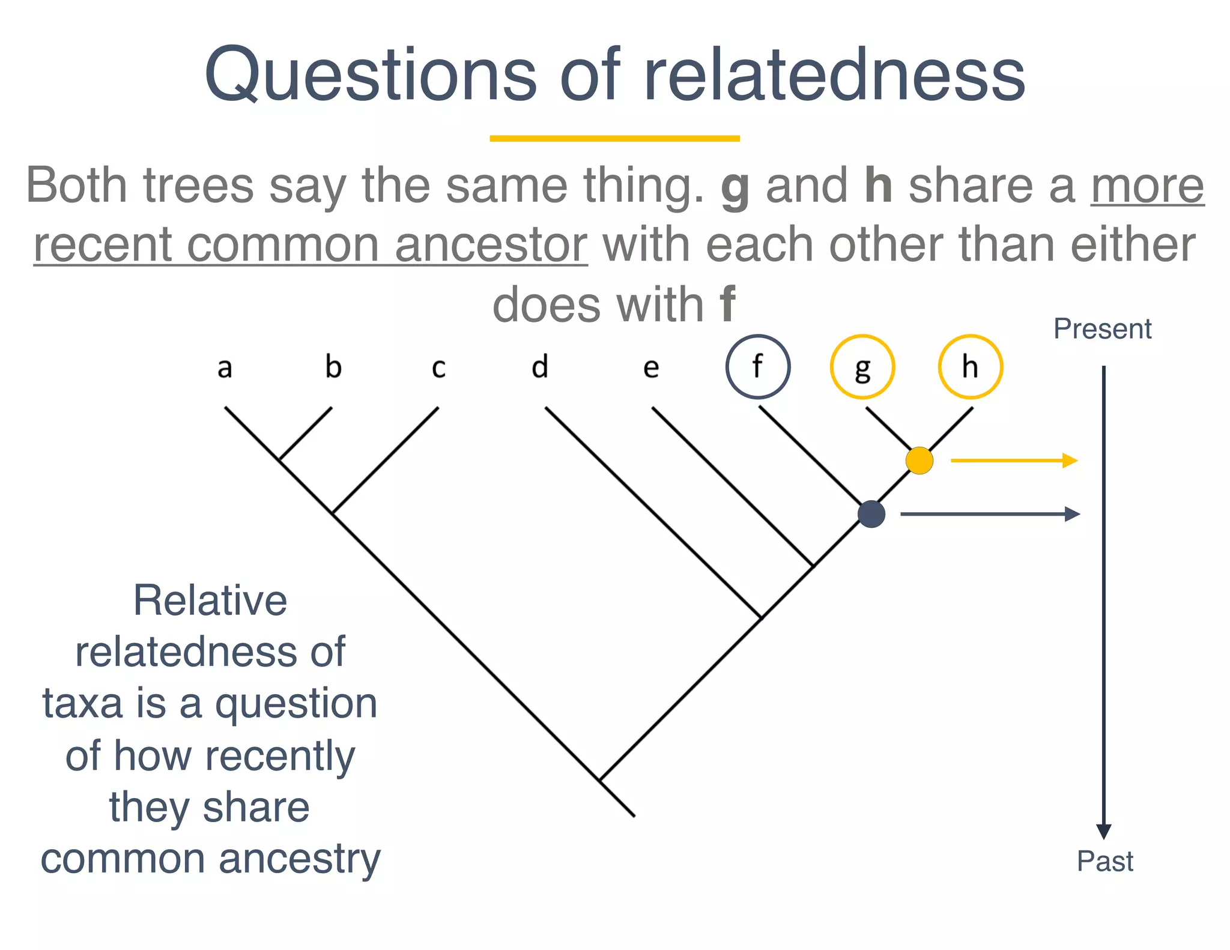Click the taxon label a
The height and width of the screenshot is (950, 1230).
(x=225, y=368)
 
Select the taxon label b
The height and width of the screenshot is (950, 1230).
(x=333, y=366)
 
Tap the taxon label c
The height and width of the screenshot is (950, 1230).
(x=438, y=368)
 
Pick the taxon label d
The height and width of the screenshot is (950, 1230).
(x=540, y=366)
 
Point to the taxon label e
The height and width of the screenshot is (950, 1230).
(x=651, y=368)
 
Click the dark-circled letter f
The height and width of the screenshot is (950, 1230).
(x=757, y=366)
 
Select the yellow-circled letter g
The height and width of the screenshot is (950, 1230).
(x=862, y=368)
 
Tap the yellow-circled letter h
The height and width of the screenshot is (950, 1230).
(x=970, y=366)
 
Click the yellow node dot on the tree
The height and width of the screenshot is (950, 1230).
(x=919, y=461)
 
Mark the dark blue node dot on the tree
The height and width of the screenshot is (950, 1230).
(x=871, y=514)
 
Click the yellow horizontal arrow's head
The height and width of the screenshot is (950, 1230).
(x=1070, y=461)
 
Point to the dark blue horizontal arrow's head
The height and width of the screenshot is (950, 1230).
(x=1072, y=514)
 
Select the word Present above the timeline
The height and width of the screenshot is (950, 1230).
(x=1102, y=329)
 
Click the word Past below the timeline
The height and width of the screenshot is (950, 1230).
(x=1104, y=861)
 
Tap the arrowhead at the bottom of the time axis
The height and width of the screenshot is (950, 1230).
(x=1104, y=831)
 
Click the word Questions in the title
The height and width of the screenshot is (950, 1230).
(x=369, y=75)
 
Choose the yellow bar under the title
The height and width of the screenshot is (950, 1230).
(x=614, y=139)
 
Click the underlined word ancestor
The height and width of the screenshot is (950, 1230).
(x=491, y=245)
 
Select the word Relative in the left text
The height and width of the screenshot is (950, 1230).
(x=210, y=601)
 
